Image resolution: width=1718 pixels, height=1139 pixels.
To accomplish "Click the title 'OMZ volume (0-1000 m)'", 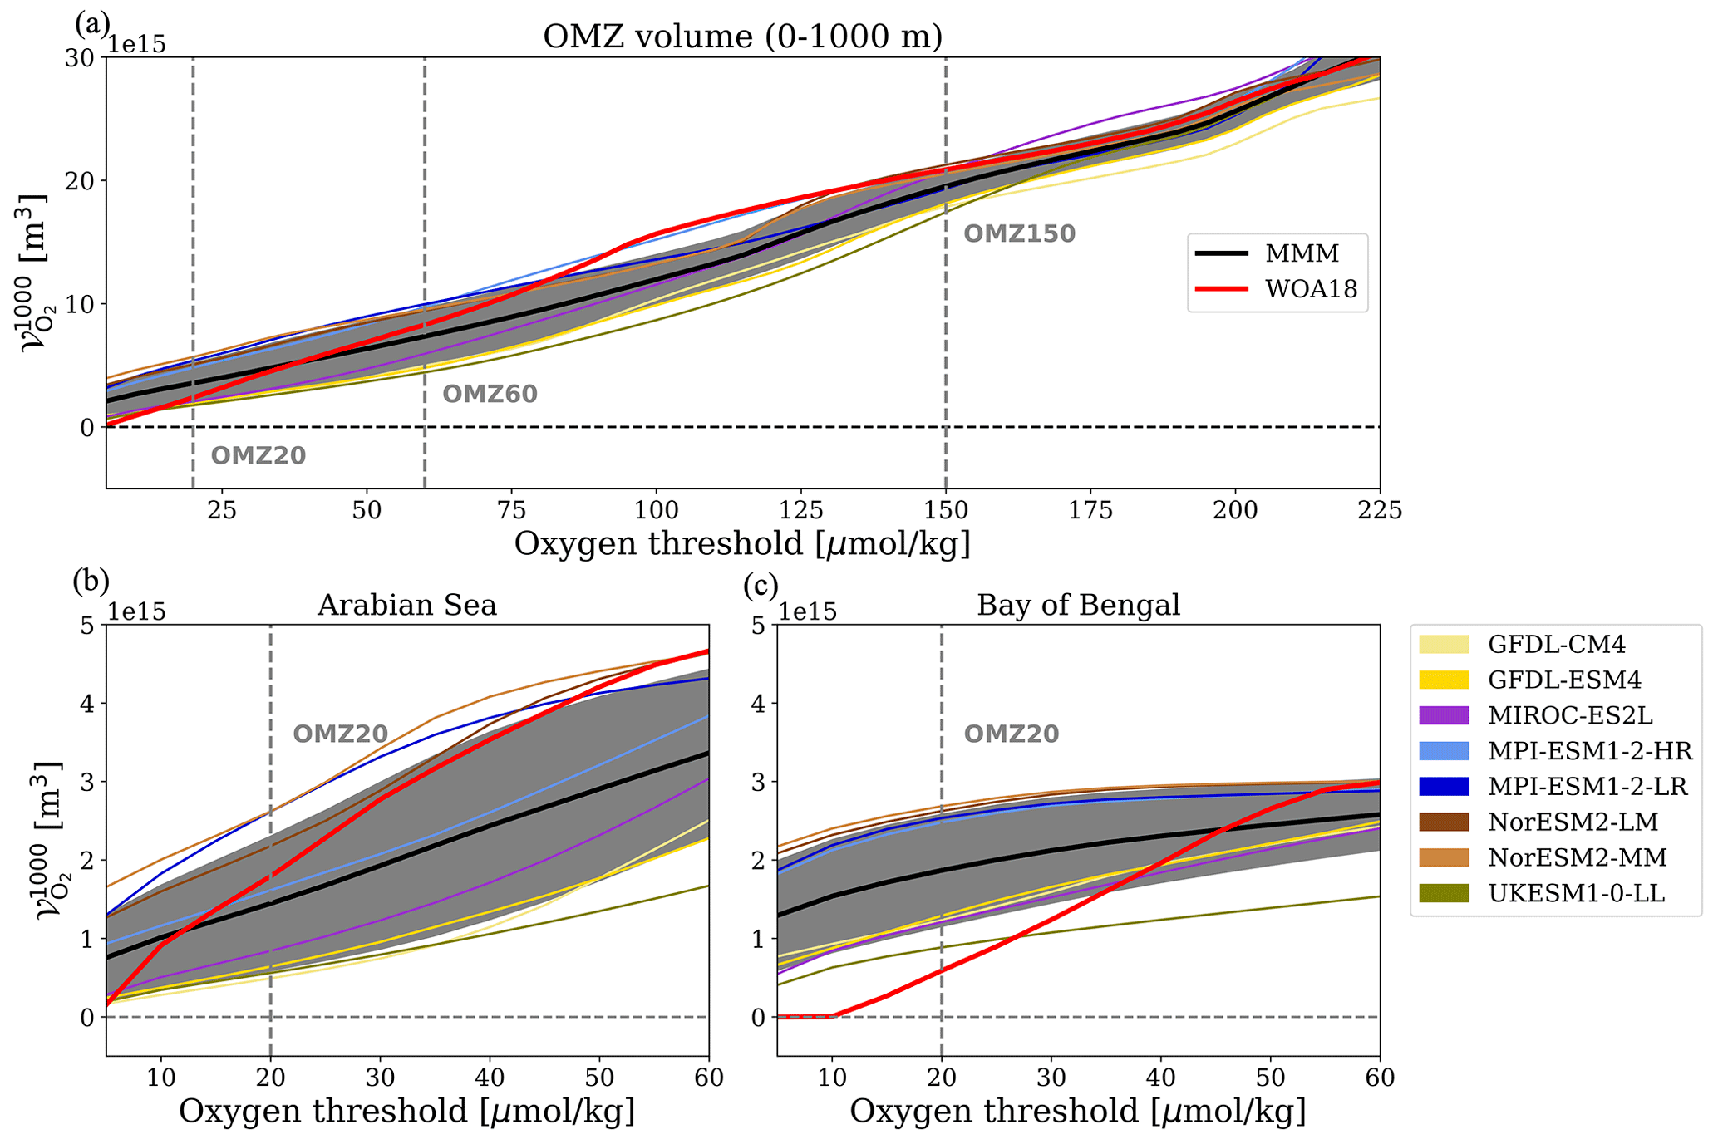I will tap(742, 37).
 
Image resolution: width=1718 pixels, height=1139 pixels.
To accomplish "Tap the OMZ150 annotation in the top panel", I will tap(1019, 234).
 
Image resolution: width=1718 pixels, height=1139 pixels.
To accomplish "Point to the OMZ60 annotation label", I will tap(490, 394).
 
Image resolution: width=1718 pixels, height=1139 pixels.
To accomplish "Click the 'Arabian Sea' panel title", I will tap(407, 605).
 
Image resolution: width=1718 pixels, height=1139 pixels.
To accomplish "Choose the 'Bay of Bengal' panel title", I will tap(1078, 605).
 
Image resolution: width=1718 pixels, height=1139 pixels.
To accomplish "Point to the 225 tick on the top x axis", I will tap(1380, 509).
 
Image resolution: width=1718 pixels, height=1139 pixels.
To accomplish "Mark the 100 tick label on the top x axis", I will tap(656, 509).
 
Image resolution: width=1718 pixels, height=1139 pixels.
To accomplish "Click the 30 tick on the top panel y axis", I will tap(81, 58).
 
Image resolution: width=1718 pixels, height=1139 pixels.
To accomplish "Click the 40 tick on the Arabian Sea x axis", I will tap(490, 1078).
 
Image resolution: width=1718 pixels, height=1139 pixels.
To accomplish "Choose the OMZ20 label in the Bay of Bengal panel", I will tap(1011, 734).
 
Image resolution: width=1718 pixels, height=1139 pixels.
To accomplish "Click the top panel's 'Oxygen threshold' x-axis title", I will tap(742, 544).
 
